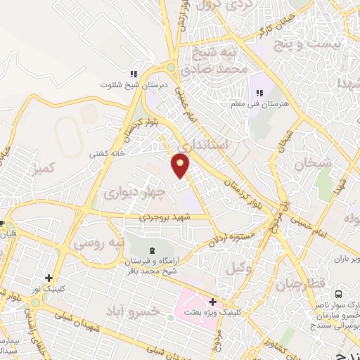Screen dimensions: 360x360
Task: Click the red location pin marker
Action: [x=181, y=165]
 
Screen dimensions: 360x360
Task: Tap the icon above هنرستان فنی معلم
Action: [x=259, y=93]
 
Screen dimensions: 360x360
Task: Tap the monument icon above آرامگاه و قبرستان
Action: [x=153, y=251]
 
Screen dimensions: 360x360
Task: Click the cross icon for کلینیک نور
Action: [x=48, y=278]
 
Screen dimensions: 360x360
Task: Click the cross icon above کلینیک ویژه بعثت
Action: [x=213, y=301]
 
